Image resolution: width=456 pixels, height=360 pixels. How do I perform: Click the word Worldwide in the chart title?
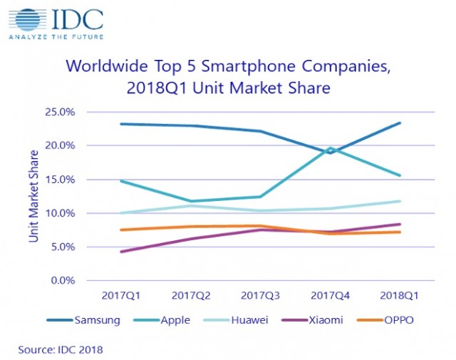pos(104,68)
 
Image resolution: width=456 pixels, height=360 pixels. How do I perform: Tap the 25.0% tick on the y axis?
pos(59,112)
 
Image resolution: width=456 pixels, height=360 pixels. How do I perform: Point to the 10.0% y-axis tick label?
pos(59,213)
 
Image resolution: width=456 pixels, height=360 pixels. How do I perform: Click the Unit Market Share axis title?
pos(33,195)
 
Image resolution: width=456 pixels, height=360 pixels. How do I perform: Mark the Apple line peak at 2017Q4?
pos(331,148)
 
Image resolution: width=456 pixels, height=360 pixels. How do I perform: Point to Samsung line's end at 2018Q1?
pos(400,123)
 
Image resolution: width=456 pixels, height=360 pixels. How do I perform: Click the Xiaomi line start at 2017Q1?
pos(120,252)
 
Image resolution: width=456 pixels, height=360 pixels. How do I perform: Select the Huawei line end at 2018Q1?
pos(400,201)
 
